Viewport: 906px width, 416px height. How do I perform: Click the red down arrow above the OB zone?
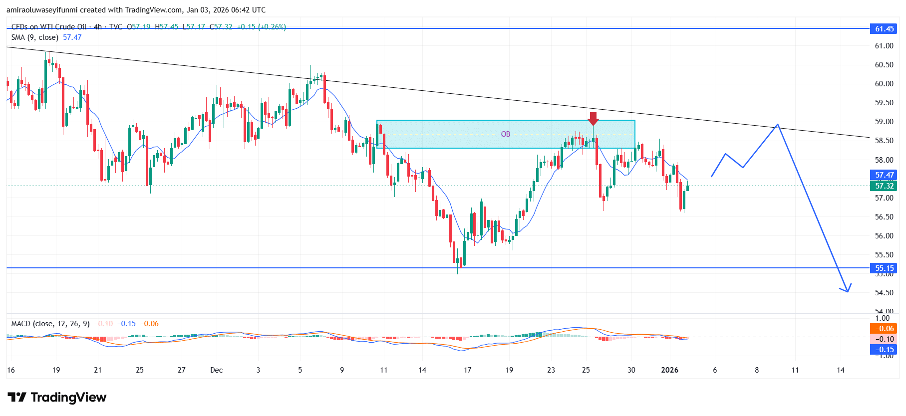[593, 119]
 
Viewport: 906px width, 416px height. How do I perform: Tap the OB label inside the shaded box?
[506, 134]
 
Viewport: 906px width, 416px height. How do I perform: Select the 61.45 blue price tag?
[884, 29]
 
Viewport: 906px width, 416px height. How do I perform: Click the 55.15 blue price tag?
[884, 268]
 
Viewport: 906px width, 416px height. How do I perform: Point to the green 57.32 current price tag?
[884, 186]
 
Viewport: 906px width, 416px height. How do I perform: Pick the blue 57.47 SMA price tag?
[884, 175]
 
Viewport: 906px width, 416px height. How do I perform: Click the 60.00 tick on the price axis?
[884, 84]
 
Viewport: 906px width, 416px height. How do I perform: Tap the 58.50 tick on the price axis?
[884, 141]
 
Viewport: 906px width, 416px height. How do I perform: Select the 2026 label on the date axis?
[669, 370]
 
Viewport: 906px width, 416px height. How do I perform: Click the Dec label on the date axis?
[217, 370]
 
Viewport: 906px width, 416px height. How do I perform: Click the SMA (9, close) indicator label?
[35, 37]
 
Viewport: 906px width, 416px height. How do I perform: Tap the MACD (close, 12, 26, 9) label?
[50, 324]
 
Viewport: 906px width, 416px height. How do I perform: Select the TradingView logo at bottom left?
[57, 398]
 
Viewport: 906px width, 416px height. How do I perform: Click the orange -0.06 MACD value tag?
[884, 329]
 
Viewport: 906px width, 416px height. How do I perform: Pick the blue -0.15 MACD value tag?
[884, 350]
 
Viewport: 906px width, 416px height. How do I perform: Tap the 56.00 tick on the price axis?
[884, 236]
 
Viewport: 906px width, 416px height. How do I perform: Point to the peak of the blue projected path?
[777, 125]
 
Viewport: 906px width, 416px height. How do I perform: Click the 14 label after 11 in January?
[841, 370]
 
